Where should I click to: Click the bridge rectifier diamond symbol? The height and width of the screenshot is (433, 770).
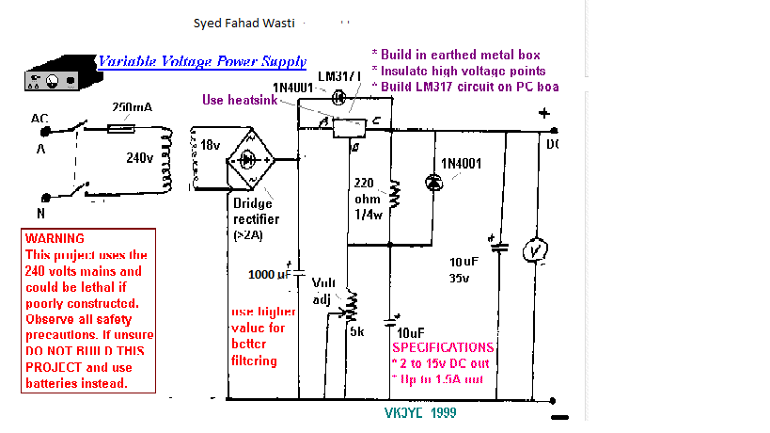(x=249, y=160)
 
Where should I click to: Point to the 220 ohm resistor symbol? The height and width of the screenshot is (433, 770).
(x=395, y=194)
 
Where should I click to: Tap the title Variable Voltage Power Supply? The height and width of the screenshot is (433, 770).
(x=202, y=61)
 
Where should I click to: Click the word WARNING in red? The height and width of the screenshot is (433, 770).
(x=55, y=239)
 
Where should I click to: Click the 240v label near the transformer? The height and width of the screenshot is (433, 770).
(x=140, y=159)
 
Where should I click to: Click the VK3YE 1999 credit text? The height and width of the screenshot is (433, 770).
(x=421, y=412)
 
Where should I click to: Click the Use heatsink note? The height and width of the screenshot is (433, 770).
(x=240, y=99)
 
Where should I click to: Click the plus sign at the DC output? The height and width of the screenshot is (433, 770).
(x=543, y=114)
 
